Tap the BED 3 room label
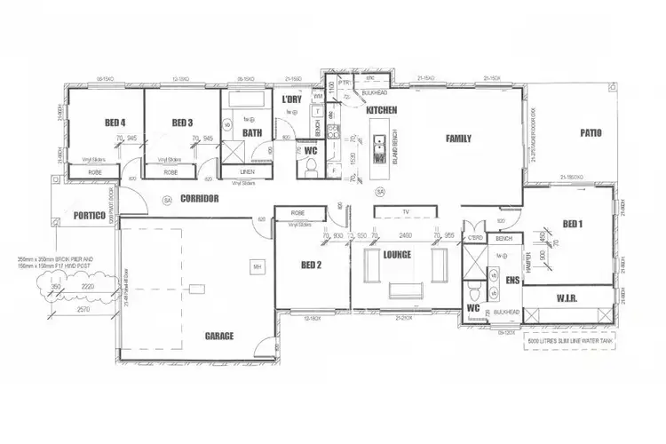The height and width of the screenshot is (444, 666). tap(183, 123)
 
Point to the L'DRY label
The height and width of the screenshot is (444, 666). tap(292, 99)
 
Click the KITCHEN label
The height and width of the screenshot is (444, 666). tap(379, 109)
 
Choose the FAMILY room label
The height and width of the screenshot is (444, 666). tap(459, 138)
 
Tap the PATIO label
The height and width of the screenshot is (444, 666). tap(591, 133)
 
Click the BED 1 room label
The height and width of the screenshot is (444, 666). tap(573, 223)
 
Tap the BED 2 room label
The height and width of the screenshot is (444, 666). tap(313, 264)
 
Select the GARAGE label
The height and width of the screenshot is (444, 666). tap(218, 336)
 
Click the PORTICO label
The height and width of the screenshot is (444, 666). tap(90, 216)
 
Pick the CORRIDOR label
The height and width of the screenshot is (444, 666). tap(199, 199)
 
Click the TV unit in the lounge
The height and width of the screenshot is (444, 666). tap(404, 212)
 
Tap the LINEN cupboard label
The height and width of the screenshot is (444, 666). tap(249, 171)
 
